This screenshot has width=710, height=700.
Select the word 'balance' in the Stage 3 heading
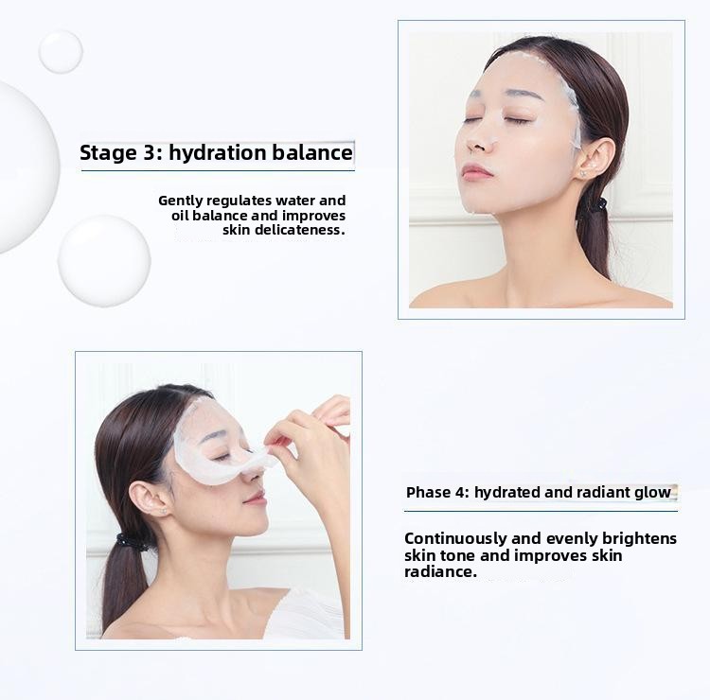[312, 152]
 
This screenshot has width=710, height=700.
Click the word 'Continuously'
[455, 539]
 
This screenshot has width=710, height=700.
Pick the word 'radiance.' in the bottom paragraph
[440, 571]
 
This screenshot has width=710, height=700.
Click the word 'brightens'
[639, 539]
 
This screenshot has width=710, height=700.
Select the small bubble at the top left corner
[61, 51]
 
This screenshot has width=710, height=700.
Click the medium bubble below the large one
[104, 261]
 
